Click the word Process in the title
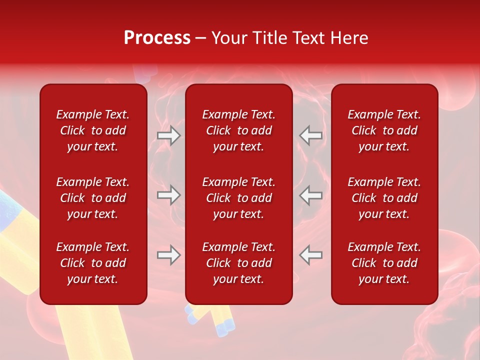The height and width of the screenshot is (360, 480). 157,38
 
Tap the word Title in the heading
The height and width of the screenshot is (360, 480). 269,38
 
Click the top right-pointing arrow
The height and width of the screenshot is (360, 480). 168,135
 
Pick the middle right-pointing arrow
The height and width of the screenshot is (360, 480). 168,195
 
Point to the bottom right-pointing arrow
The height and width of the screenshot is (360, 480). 168,255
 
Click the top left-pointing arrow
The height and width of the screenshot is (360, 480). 310,135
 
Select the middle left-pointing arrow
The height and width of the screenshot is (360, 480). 310,195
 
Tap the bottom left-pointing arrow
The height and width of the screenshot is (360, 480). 310,255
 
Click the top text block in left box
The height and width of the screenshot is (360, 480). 93,130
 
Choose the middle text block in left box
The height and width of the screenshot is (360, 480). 93,198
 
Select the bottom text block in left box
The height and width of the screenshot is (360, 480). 93,263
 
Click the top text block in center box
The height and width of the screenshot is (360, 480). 239,130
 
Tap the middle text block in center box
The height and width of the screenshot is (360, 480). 239,198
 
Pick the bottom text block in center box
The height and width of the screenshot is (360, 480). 239,263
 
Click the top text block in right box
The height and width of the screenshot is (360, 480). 384,130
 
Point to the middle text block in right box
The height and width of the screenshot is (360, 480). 384,198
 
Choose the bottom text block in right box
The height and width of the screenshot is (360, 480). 384,263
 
